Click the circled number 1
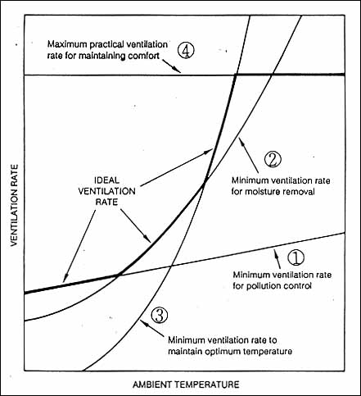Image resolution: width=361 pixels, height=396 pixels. pyautogui.click(x=296, y=257)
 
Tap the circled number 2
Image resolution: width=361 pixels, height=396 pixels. pyautogui.click(x=273, y=159)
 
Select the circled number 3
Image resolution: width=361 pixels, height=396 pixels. pyautogui.click(x=160, y=315)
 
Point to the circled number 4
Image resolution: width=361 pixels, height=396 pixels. pyautogui.click(x=186, y=50)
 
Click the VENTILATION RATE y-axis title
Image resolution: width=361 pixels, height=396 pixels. pyautogui.click(x=15, y=205)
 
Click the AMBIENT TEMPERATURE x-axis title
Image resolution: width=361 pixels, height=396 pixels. pyautogui.click(x=186, y=385)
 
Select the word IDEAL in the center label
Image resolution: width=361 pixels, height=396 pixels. pyautogui.click(x=107, y=180)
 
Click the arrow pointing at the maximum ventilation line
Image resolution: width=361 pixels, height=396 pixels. pyautogui.click(x=173, y=66)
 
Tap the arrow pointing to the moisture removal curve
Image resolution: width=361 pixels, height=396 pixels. pyautogui.click(x=249, y=155)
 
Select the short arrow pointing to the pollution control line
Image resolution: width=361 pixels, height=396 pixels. pyautogui.click(x=277, y=258)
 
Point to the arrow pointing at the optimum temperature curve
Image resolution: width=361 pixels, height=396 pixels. pyautogui.click(x=151, y=329)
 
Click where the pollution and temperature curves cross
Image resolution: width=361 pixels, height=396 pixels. pyautogui.click(x=171, y=266)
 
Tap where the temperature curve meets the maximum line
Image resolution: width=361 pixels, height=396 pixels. pyautogui.click(x=236, y=75)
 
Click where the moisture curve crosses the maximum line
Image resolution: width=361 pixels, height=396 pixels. pyautogui.click(x=272, y=75)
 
